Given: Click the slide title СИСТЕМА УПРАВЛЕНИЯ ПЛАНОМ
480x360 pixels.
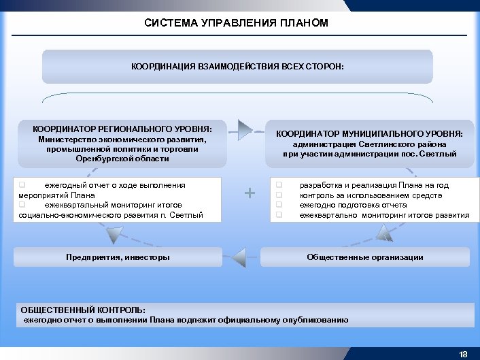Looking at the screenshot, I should [x=237, y=23].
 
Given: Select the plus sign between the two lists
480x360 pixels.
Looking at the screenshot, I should [x=250, y=193].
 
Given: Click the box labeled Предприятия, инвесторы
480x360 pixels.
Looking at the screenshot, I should [x=118, y=257].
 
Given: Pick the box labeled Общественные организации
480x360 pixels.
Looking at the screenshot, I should [x=364, y=257].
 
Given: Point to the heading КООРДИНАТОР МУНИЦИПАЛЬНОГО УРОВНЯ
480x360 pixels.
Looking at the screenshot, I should [x=369, y=134].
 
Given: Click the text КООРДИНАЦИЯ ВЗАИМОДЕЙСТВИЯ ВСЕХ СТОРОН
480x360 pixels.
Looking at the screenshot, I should [x=237, y=67].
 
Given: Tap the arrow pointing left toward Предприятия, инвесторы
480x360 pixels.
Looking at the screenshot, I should [x=239, y=258].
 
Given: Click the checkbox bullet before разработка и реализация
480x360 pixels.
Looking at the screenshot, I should [x=278, y=185].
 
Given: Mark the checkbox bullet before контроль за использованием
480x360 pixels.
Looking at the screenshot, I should [x=278, y=195].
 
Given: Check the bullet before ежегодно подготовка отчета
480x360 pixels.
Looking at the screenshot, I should [x=278, y=205].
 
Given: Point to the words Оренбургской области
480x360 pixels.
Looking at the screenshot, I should [x=122, y=159].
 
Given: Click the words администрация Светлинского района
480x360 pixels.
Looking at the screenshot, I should [x=369, y=144].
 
